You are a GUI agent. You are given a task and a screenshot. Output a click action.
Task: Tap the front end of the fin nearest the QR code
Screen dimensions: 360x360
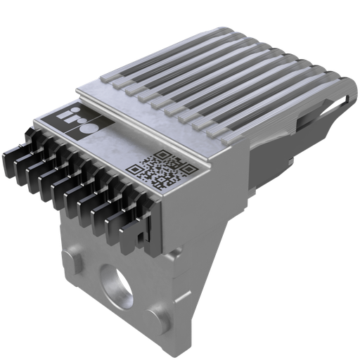(x=211, y=134)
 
